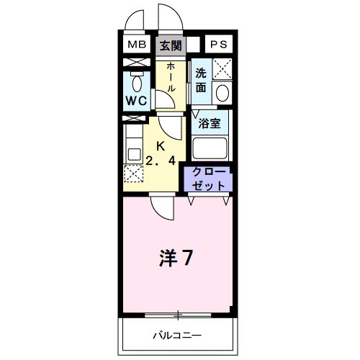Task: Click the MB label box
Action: click(x=136, y=45)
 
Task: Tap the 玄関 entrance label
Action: click(x=171, y=45)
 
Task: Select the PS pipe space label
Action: click(x=219, y=45)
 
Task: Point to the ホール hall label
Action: click(x=171, y=76)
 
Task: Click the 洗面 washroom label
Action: click(x=201, y=80)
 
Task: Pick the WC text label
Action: click(x=137, y=102)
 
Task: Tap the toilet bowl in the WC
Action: click(x=136, y=80)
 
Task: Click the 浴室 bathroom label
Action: click(x=210, y=123)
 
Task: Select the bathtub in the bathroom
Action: click(x=210, y=147)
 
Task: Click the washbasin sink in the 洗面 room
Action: click(x=222, y=94)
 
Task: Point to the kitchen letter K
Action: click(x=161, y=145)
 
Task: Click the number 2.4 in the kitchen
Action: click(x=161, y=161)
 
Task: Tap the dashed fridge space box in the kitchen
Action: click(x=133, y=174)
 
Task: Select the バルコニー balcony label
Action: click(x=176, y=336)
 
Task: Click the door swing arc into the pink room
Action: click(x=163, y=210)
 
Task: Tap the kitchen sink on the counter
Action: click(x=133, y=153)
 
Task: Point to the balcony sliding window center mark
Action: click(x=177, y=314)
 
